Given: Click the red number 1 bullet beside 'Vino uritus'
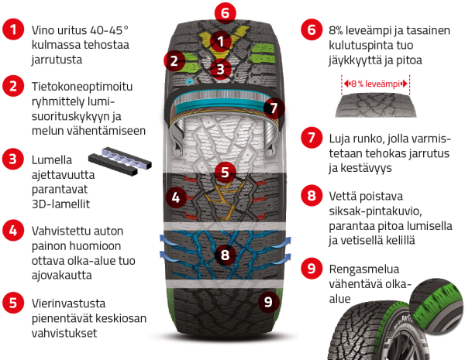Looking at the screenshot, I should (x=13, y=31).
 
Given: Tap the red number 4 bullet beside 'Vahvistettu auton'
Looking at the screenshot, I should (x=13, y=230).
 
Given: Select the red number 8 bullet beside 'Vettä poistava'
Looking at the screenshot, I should (x=311, y=195).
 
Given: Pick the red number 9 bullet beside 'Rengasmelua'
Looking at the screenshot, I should (x=311, y=269).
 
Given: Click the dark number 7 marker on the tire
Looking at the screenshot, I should (x=269, y=108).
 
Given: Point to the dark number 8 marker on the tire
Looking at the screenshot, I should (x=224, y=253).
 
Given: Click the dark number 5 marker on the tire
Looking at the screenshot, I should (x=224, y=172).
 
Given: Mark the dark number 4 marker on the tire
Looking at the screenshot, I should (x=177, y=197).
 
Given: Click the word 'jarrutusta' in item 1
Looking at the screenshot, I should (x=60, y=59).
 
